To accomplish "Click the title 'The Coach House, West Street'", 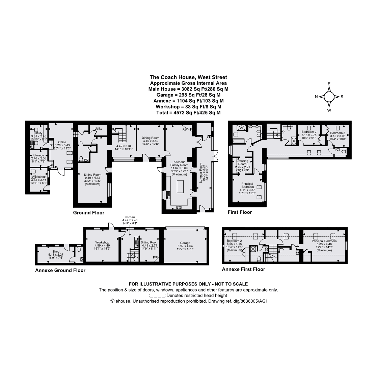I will tap(188, 77).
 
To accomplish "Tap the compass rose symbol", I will tap(329, 97).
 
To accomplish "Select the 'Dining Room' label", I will tap(151, 138).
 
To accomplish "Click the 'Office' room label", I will tap(62, 142).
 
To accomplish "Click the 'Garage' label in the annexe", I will tap(185, 243).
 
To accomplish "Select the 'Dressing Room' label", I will tap(242, 162).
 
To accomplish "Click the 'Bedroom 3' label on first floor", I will tap(337, 133).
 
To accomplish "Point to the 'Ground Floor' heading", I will tap(89, 212).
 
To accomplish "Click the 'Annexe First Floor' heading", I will tap(243, 269).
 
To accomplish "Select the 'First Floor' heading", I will tap(240, 212).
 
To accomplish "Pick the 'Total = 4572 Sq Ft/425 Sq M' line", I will tap(188, 112).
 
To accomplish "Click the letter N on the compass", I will tap(316, 97).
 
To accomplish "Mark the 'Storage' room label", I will tap(38, 155).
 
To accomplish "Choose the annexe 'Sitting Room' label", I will tap(149, 242).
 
